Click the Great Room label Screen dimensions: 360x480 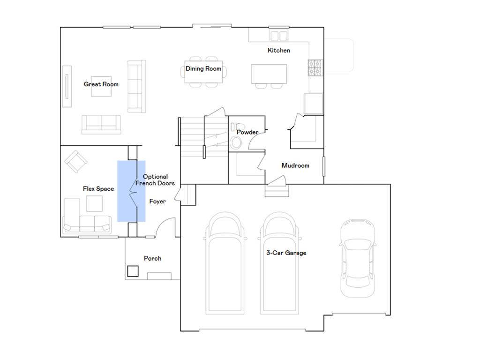(101, 84)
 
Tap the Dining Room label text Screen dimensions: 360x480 (203, 69)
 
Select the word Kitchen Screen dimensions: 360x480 (278, 51)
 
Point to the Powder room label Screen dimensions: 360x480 (247, 132)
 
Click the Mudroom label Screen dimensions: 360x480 (295, 165)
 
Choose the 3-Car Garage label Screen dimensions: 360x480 (286, 253)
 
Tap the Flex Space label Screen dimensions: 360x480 (98, 189)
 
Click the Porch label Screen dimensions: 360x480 (152, 258)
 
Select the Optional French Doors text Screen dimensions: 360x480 (155, 180)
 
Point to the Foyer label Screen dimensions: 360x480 (157, 202)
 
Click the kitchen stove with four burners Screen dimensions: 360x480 (315, 67)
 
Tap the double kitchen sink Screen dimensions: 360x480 (279, 36)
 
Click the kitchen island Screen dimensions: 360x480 (269, 74)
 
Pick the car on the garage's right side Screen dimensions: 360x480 (357, 258)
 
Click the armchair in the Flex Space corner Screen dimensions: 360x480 (75, 161)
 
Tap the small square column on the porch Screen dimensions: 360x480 (133, 271)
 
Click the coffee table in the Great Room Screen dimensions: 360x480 (101, 86)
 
